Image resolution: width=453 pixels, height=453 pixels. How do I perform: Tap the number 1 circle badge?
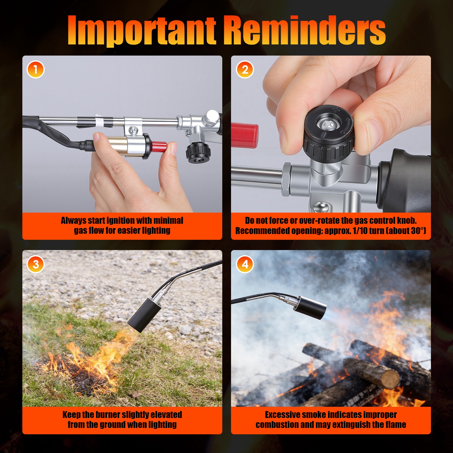(x=36, y=70)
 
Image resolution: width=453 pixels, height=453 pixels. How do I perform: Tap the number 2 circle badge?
(x=245, y=70)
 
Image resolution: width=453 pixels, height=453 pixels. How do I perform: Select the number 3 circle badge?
(x=36, y=264)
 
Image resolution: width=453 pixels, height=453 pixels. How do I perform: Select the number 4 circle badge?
(x=245, y=264)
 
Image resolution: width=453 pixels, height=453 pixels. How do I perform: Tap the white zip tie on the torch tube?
(x=99, y=122)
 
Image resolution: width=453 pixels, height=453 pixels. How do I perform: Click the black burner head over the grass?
(x=142, y=315)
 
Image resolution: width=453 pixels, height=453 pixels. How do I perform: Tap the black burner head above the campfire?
(x=311, y=307)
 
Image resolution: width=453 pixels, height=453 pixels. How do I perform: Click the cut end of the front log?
(x=390, y=379)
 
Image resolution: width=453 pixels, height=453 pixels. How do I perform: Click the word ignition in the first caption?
(x=121, y=220)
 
